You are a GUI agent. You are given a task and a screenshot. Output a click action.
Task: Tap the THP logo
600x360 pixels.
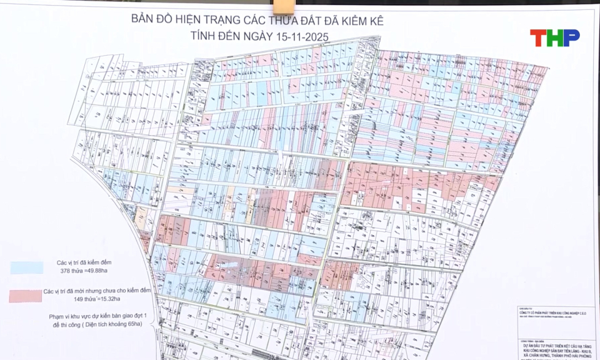(554, 37)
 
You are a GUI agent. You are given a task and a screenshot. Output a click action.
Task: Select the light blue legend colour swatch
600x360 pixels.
(26, 267)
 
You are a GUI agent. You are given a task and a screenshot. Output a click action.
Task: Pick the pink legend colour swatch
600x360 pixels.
(26, 296)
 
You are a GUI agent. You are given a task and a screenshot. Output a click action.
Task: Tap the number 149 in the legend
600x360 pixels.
(64, 301)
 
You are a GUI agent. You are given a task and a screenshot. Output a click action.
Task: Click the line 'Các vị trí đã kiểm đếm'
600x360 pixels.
(84, 262)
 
